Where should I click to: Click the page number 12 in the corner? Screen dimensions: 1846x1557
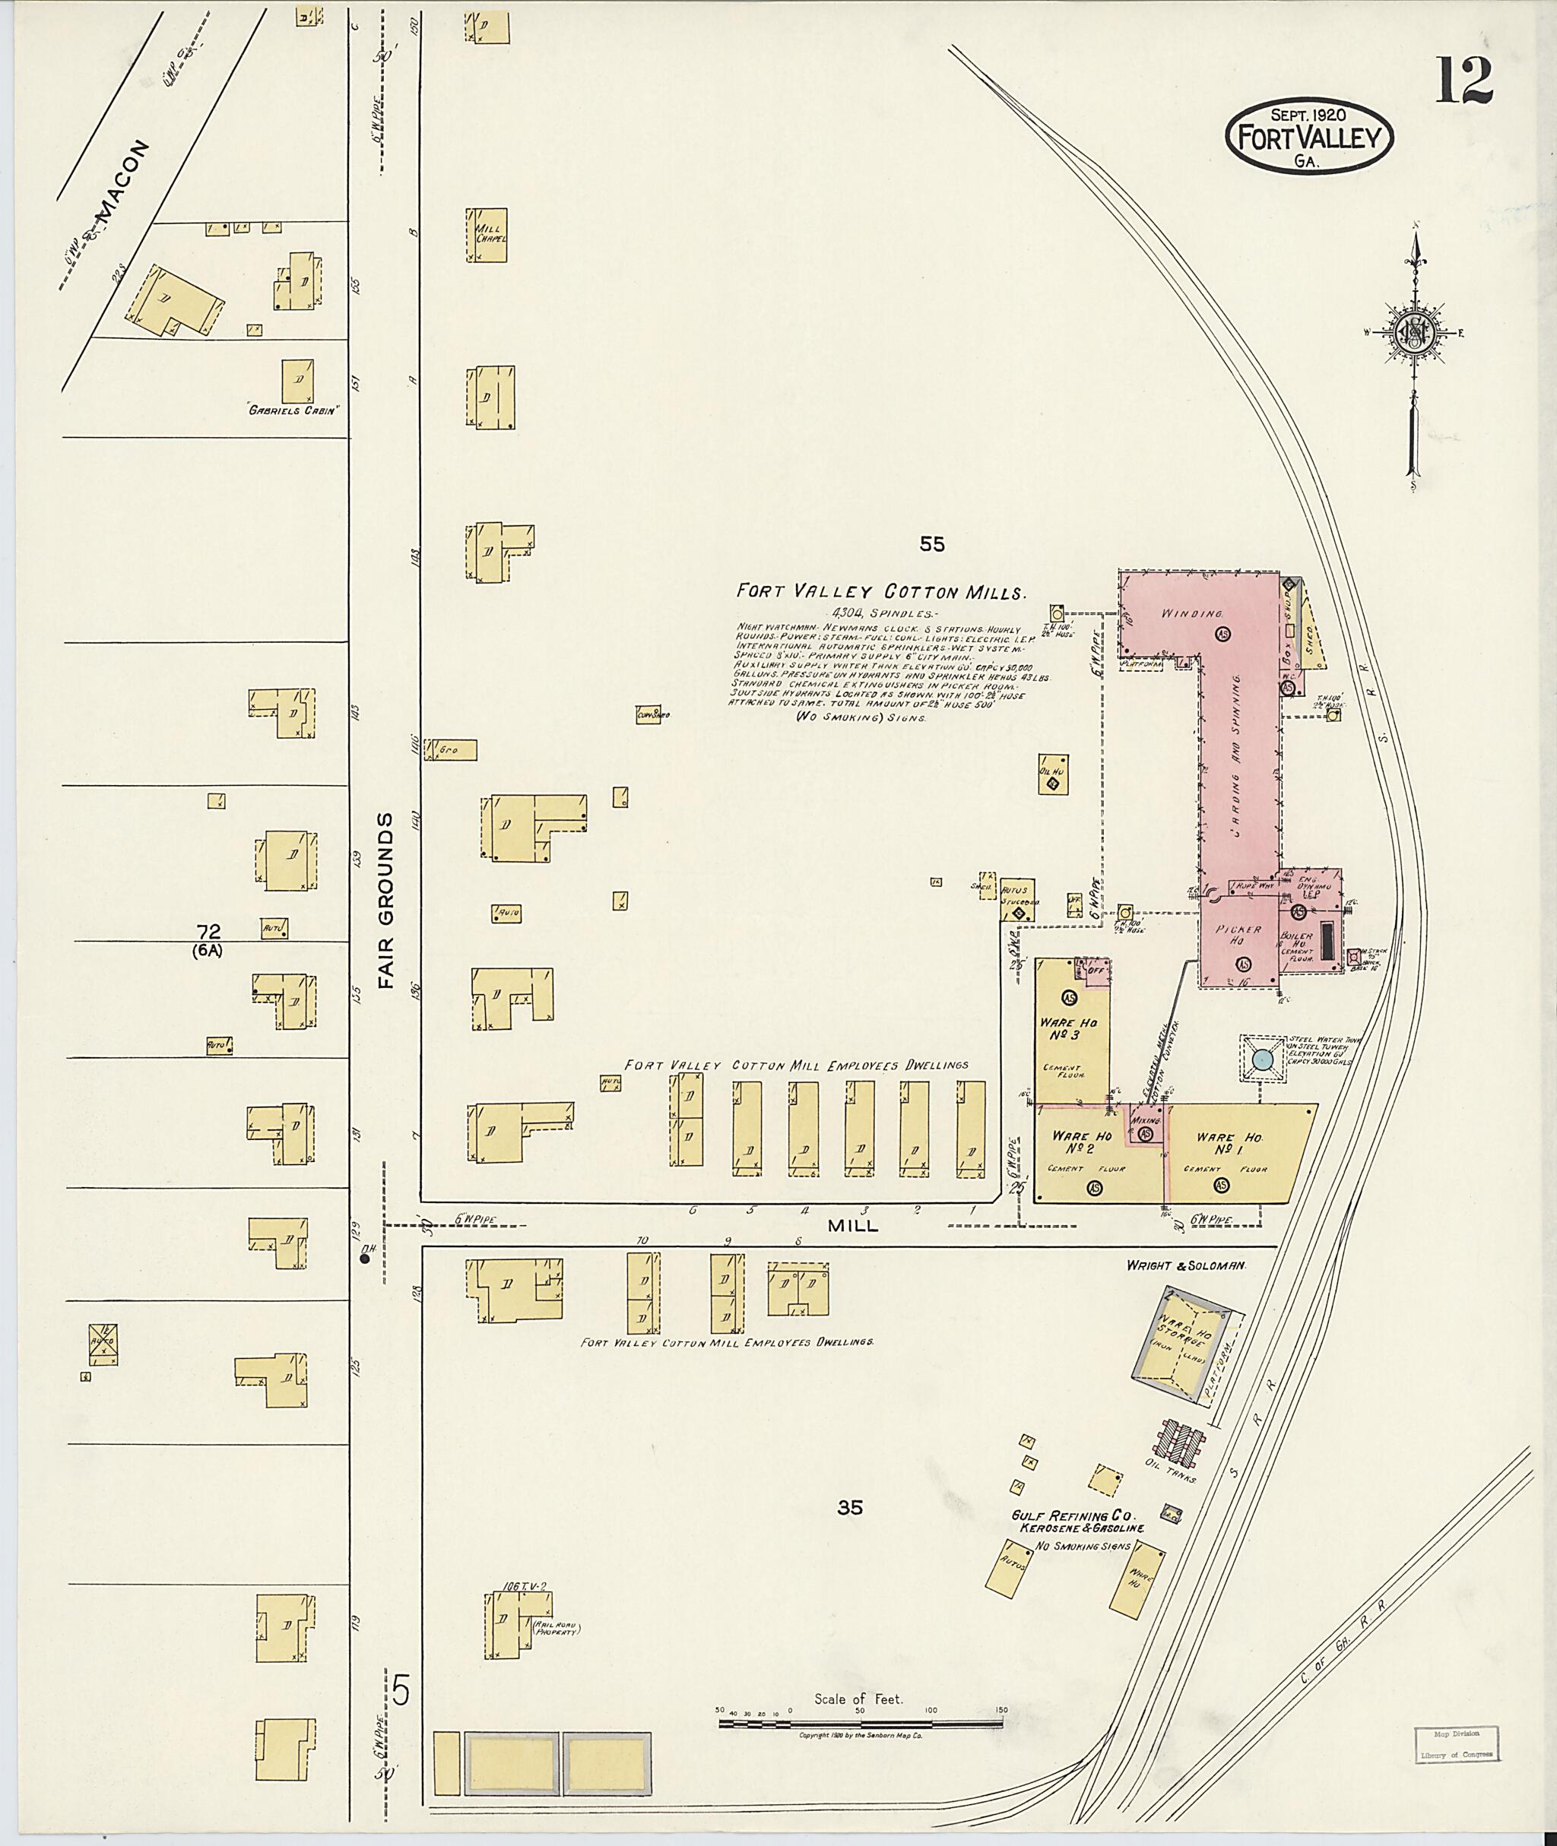pyautogui.click(x=1463, y=81)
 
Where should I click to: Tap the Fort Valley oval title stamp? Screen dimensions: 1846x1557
pyautogui.click(x=1309, y=137)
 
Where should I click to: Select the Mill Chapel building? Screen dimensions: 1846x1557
pyautogui.click(x=488, y=235)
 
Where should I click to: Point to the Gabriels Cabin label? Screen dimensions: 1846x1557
pyautogui.click(x=294, y=410)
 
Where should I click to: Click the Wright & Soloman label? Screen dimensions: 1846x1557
pyautogui.click(x=1185, y=1265)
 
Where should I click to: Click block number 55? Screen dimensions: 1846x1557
pyautogui.click(x=931, y=544)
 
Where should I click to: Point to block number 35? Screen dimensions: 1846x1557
pyautogui.click(x=849, y=1508)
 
